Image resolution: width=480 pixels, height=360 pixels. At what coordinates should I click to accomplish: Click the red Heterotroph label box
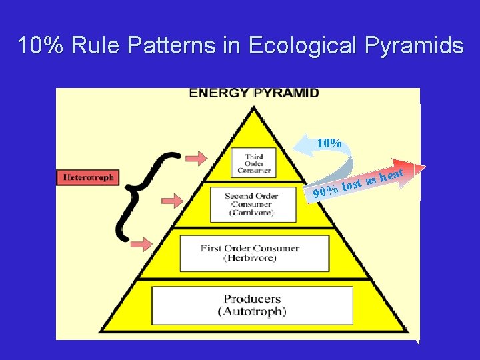(88, 177)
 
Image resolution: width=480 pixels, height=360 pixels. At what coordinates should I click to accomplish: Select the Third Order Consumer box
(253, 163)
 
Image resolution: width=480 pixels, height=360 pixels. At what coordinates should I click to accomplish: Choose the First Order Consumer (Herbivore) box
(249, 253)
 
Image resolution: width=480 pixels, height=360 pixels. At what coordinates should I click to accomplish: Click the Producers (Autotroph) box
(252, 305)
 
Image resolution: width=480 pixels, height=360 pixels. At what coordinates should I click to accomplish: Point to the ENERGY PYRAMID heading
(254, 93)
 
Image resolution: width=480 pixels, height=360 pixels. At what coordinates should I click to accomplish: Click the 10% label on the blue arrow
(329, 143)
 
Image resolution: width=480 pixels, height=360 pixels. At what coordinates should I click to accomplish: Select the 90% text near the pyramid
(324, 193)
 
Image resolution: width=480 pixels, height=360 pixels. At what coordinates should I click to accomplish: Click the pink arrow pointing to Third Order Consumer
(196, 157)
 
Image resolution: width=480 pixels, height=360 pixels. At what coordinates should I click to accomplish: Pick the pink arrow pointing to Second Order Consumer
(173, 200)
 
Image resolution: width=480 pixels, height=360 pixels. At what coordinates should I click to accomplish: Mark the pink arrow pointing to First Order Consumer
(142, 243)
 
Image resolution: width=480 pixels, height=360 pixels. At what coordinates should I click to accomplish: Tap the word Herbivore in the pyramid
(250, 258)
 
